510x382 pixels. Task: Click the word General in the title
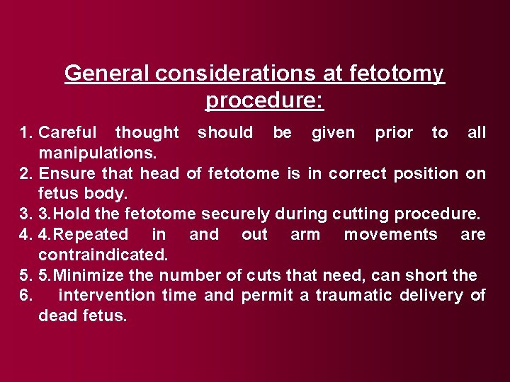point(106,74)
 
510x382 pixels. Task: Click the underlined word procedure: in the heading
point(264,100)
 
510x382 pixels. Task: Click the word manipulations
point(98,153)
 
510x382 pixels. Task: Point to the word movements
point(390,235)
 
